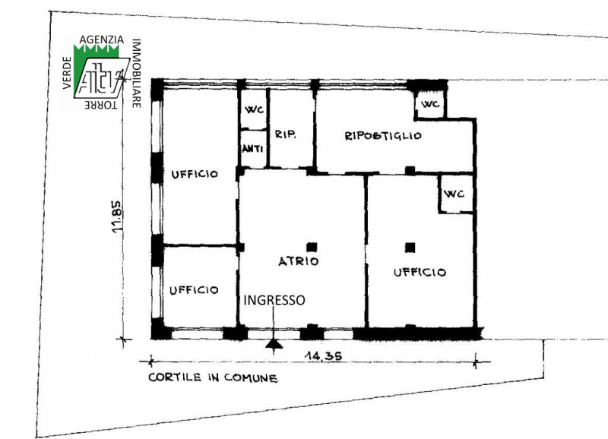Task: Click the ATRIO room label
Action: coord(299,261)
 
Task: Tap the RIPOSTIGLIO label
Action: coord(383,136)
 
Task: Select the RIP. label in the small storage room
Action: coord(286,134)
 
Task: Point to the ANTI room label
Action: coord(253,148)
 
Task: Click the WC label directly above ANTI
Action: coord(254,109)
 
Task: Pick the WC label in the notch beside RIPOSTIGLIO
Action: coord(430,104)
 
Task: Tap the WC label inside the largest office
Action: coord(454,194)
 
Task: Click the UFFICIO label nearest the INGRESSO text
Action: coord(194,290)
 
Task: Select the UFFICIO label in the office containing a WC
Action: coord(420,273)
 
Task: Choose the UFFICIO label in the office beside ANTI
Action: coord(195,174)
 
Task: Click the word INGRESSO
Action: coord(274,300)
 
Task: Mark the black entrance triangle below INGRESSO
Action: coord(274,344)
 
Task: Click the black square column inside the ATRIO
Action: coord(312,247)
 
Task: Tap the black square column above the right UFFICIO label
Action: coord(410,247)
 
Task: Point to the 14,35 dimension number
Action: coord(324,355)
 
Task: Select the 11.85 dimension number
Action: coord(117,217)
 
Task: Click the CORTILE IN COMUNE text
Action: coord(213,377)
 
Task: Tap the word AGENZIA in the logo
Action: coord(102,39)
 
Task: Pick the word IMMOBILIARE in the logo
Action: coord(136,73)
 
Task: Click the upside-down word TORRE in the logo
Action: coord(101,105)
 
